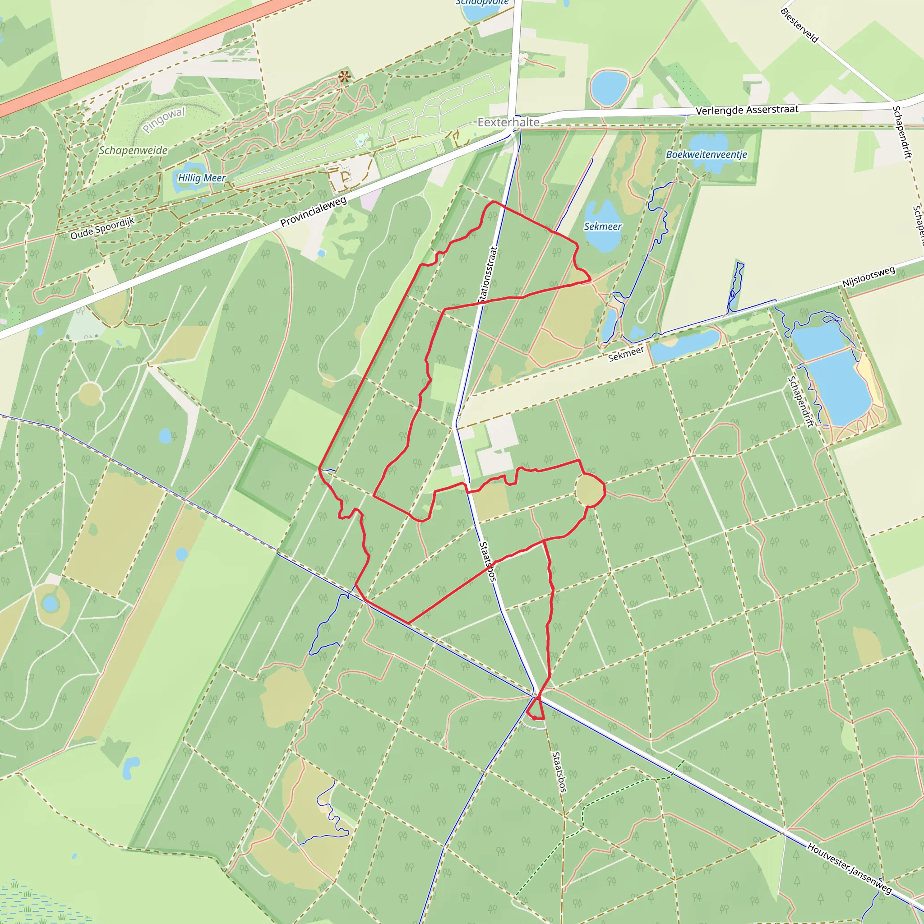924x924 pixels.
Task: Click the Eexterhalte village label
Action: pyautogui.click(x=508, y=122)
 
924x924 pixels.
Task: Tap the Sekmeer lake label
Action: pyautogui.click(x=603, y=226)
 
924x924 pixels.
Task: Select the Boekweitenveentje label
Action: pyautogui.click(x=706, y=154)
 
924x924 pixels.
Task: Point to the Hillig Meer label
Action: pyautogui.click(x=201, y=178)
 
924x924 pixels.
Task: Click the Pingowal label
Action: pyautogui.click(x=164, y=120)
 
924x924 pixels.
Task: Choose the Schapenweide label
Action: pyautogui.click(x=133, y=150)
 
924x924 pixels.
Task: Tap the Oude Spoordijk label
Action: pyautogui.click(x=102, y=228)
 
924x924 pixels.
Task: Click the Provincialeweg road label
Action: pyautogui.click(x=313, y=212)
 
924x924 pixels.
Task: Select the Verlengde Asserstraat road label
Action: pyautogui.click(x=747, y=110)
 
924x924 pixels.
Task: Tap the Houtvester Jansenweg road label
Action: pyautogui.click(x=850, y=868)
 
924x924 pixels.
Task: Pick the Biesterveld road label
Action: pyautogui.click(x=799, y=25)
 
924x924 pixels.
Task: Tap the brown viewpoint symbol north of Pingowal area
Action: pyautogui.click(x=344, y=77)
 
